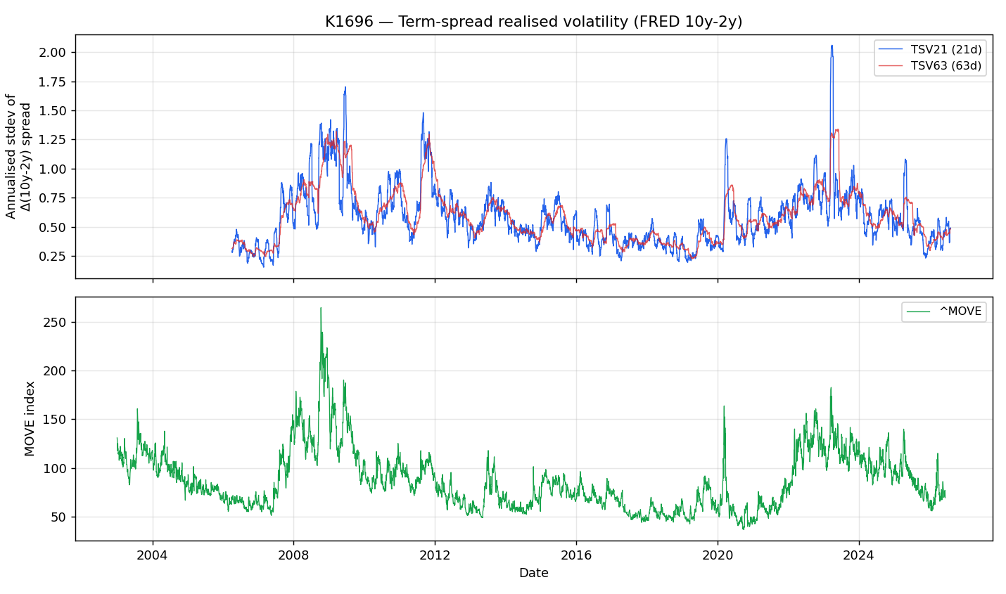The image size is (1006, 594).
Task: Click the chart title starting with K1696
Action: [x=533, y=21]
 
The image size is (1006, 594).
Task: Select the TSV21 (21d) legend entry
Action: [x=930, y=49]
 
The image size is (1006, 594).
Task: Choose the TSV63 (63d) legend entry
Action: [x=930, y=66]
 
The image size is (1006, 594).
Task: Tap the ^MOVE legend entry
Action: [x=944, y=311]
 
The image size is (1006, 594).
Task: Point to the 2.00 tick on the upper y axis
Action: [x=52, y=53]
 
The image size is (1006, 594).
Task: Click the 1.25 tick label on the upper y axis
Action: [x=52, y=140]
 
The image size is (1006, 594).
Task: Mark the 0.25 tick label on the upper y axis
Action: [x=52, y=257]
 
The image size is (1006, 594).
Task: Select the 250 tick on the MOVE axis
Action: [x=54, y=323]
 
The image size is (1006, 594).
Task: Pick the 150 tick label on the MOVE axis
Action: [x=54, y=420]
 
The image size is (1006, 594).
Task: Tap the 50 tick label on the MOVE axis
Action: [x=58, y=517]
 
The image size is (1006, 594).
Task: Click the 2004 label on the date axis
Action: [x=152, y=555]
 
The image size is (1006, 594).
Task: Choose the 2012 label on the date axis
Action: [x=435, y=555]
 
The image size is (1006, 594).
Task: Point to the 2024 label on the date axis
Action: [x=859, y=555]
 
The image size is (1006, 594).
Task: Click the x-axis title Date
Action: [x=533, y=573]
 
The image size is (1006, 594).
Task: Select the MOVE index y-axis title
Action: [x=30, y=418]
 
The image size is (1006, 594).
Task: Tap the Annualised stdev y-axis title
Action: [x=18, y=157]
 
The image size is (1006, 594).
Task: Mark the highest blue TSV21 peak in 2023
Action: [x=832, y=45]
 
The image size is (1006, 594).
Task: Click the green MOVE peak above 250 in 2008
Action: [x=321, y=308]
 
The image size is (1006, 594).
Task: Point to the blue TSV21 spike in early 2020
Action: [x=726, y=139]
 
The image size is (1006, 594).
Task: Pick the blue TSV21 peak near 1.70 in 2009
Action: [x=345, y=87]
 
